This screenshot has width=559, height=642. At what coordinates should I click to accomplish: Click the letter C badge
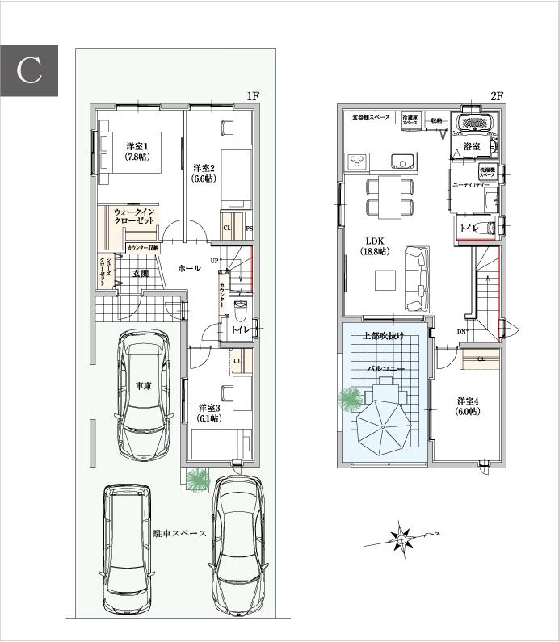coord(29,69)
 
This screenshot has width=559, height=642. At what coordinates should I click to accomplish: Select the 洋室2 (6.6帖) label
coord(203,173)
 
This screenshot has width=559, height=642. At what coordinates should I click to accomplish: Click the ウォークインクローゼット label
coord(134,215)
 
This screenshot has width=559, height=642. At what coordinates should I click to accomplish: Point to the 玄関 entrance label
coord(141,274)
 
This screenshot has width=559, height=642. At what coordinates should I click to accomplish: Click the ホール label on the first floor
coord(188,268)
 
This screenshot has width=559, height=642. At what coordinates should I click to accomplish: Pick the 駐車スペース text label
coord(179,533)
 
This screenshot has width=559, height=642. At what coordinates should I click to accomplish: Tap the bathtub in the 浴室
coord(476,123)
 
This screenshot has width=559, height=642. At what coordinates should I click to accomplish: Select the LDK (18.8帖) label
coord(376,246)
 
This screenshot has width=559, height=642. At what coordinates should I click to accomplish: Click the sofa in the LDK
coord(417,279)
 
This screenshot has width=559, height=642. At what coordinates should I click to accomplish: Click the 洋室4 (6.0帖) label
coord(469,406)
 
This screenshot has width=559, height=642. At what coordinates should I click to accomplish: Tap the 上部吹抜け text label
coord(384,335)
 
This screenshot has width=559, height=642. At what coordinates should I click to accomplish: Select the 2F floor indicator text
coord(497,96)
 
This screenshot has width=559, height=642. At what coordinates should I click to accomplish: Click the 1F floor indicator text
coord(252,96)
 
